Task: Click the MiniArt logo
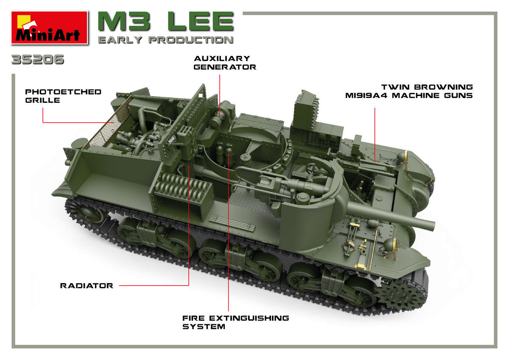[x=49, y=27]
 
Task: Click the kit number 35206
[x=38, y=59]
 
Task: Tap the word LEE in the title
[x=201, y=21]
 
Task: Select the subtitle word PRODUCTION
[x=191, y=40]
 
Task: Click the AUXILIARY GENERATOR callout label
[x=225, y=63]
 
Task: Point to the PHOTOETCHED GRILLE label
[x=63, y=96]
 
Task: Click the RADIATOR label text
[x=87, y=286]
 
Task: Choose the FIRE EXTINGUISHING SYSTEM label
[x=236, y=322]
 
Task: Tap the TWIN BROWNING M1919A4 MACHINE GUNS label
[x=409, y=91]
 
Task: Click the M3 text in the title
[x=124, y=21]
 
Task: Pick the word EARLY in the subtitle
[x=120, y=40]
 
